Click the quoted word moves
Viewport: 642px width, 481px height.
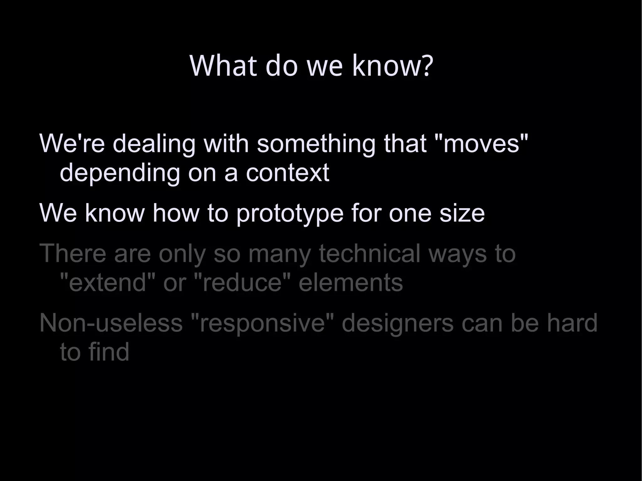click(484, 144)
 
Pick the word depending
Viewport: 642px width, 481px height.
click(120, 173)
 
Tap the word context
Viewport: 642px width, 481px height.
click(287, 173)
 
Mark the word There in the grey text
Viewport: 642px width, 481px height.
click(73, 253)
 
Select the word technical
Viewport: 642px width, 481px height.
click(370, 253)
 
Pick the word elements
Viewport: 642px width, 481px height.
click(350, 282)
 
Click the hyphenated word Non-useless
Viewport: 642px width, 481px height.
click(111, 323)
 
